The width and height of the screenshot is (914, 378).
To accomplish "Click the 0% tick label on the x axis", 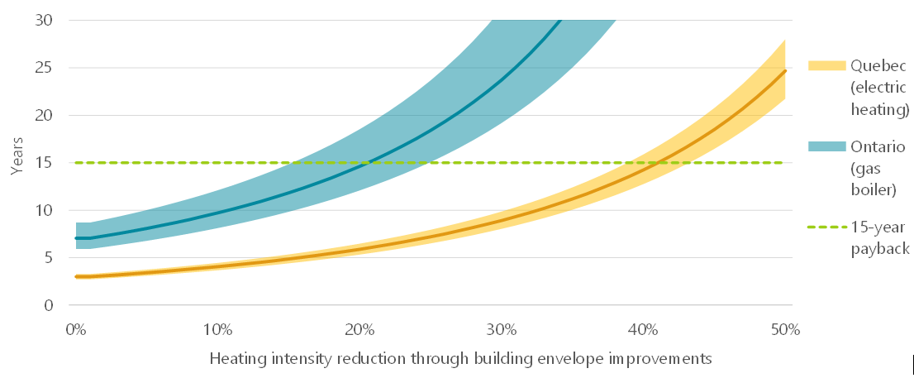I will point(75,329).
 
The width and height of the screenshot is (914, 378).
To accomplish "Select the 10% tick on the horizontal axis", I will point(217,329).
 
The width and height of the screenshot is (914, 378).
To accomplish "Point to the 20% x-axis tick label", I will point(359,329).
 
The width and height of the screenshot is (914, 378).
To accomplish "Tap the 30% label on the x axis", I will point(501,329).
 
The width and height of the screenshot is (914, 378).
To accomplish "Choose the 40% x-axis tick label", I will point(643,329).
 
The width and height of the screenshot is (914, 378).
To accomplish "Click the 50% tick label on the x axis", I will point(784,329).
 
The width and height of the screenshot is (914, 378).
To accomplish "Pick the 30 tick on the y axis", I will point(45,20).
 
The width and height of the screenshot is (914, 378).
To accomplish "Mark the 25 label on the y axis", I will point(45,68).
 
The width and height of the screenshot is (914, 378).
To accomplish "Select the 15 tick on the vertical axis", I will point(45,163).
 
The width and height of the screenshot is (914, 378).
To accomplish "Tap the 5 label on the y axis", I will point(50,258).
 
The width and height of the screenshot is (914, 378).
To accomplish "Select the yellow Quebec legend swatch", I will point(826,66).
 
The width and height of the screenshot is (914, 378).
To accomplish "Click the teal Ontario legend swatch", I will point(826,146).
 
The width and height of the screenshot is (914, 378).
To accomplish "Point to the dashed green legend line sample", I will point(826,226).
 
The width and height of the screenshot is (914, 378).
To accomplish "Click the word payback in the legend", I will point(880,249).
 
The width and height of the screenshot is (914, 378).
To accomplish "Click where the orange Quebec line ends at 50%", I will point(784,71).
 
